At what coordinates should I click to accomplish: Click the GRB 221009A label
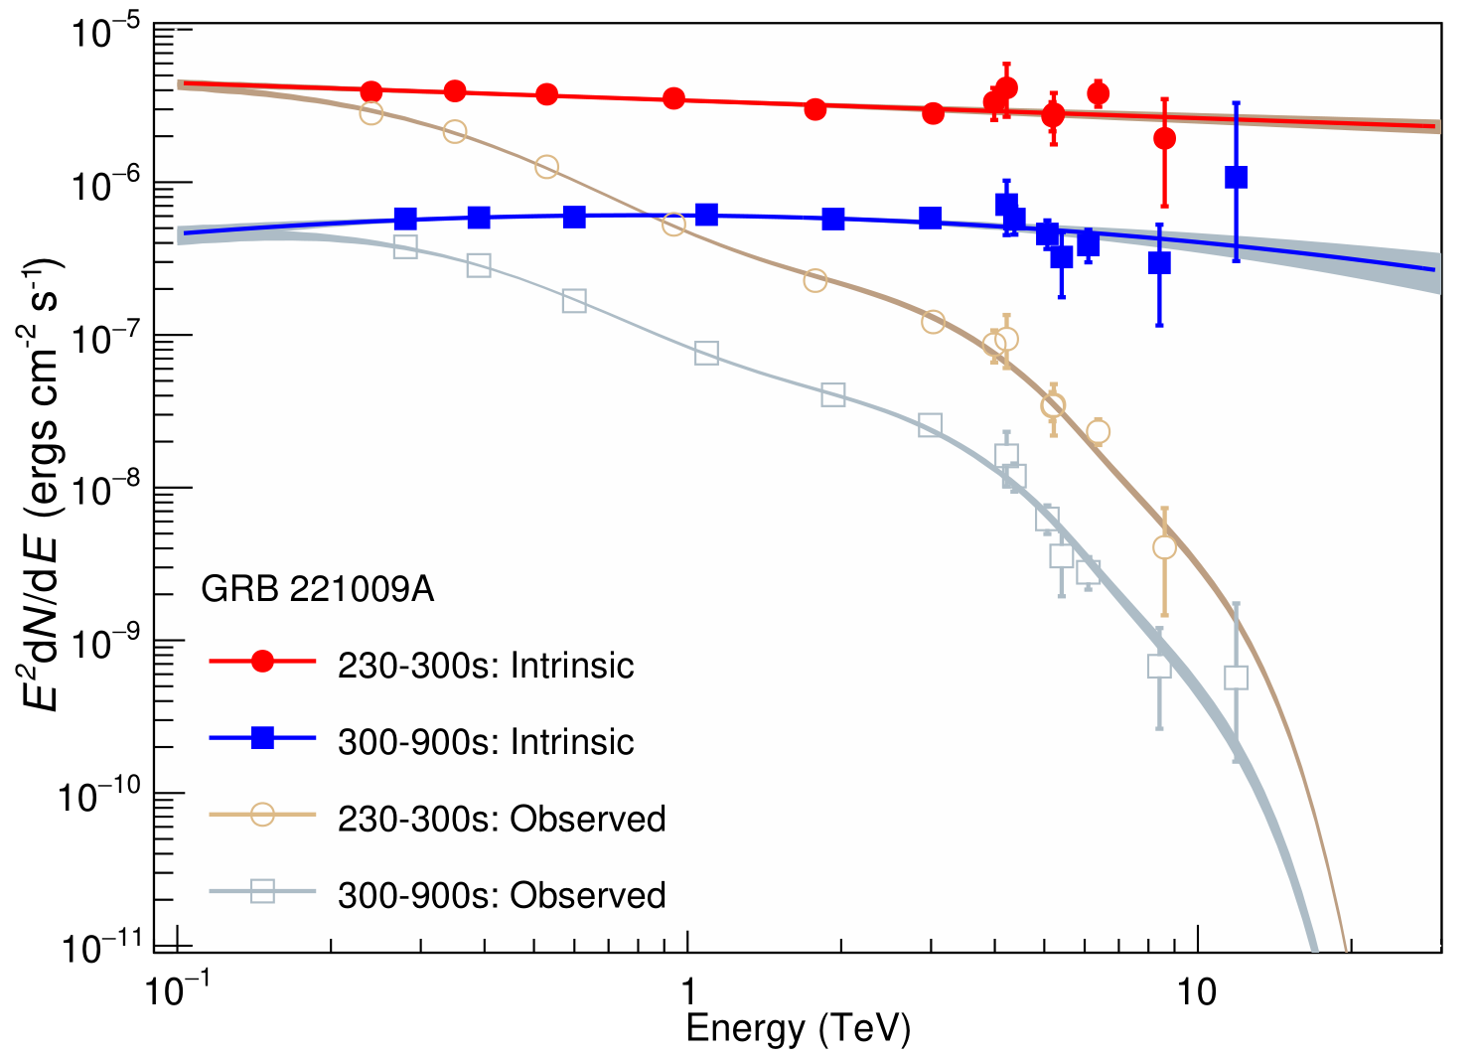tap(317, 589)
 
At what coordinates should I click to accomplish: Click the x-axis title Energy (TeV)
tap(798, 1029)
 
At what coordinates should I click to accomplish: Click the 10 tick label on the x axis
tap(1198, 992)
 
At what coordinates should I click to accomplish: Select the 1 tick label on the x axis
tap(687, 992)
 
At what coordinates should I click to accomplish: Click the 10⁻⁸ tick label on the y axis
tap(106, 490)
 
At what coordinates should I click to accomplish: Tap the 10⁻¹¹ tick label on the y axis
tap(106, 949)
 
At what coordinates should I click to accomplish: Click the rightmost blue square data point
tap(1236, 178)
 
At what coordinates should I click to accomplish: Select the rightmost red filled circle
tap(1164, 138)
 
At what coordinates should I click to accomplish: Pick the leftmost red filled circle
tap(371, 91)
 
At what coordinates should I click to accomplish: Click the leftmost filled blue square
tap(405, 219)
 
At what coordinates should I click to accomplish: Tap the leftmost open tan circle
tap(371, 113)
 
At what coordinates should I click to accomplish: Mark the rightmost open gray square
tap(1236, 678)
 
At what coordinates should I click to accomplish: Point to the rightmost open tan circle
tap(1164, 547)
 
